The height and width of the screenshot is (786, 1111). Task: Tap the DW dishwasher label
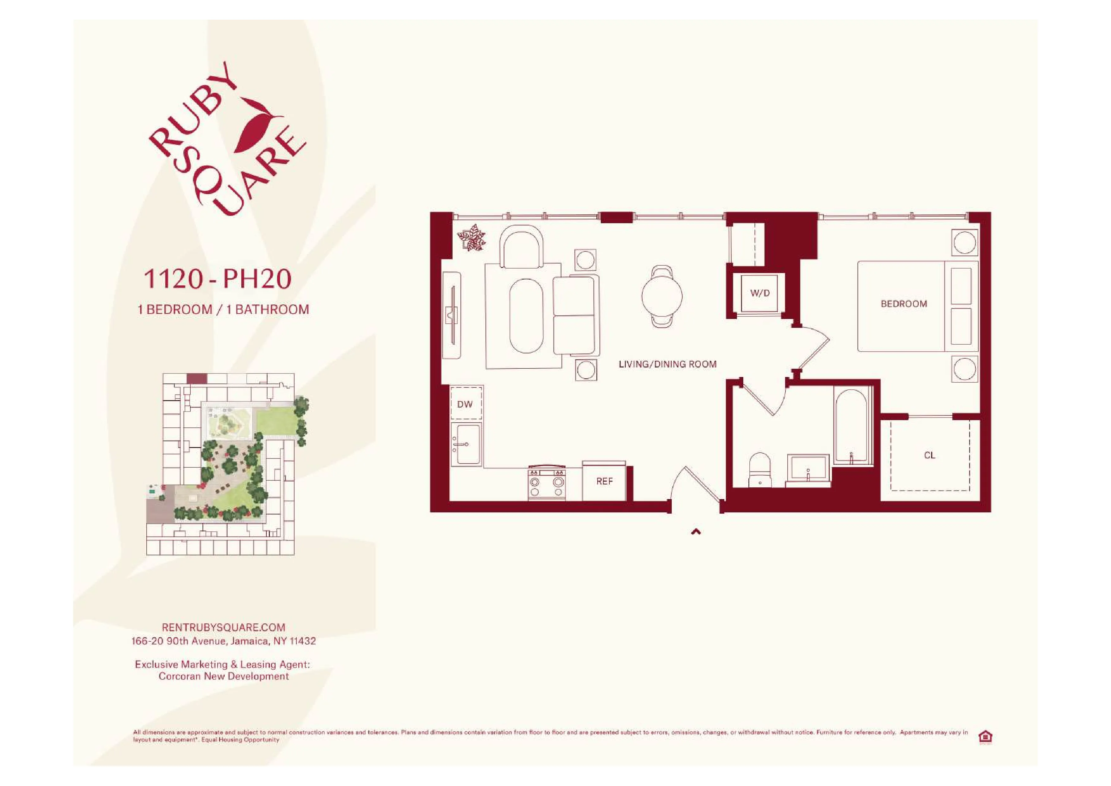coord(465,404)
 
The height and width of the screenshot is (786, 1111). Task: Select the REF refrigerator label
coord(604,481)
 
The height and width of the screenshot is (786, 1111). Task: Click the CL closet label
coord(929,455)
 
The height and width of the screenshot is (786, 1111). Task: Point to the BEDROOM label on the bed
coord(904,304)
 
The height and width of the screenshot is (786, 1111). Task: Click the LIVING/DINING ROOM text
coord(667,364)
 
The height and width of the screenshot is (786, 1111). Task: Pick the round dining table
coord(662,296)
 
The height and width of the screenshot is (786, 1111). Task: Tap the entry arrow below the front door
coord(696,532)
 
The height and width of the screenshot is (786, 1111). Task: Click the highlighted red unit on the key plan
coord(196,379)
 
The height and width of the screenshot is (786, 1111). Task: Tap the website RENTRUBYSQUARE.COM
coord(224,627)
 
